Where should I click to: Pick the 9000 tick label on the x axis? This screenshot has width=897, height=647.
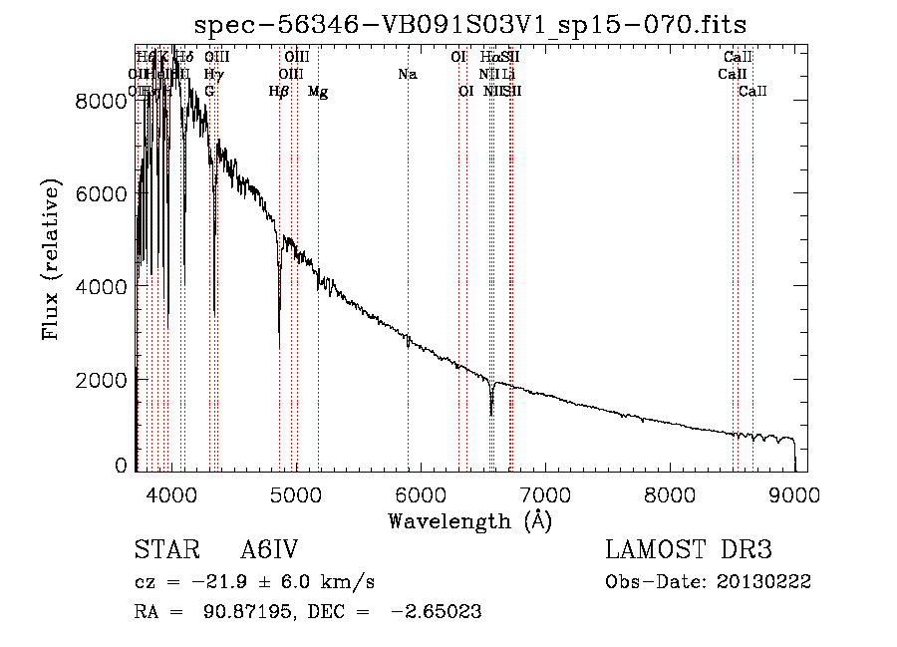click(x=794, y=493)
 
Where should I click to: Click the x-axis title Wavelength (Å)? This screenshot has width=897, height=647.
click(x=469, y=520)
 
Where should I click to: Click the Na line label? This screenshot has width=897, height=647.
click(x=407, y=74)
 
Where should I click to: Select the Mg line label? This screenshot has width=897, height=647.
click(x=318, y=92)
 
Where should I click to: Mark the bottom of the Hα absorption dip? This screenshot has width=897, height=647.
click(x=490, y=413)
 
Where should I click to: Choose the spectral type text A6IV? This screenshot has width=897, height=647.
click(x=269, y=551)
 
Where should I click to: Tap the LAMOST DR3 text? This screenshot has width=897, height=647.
click(x=689, y=550)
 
